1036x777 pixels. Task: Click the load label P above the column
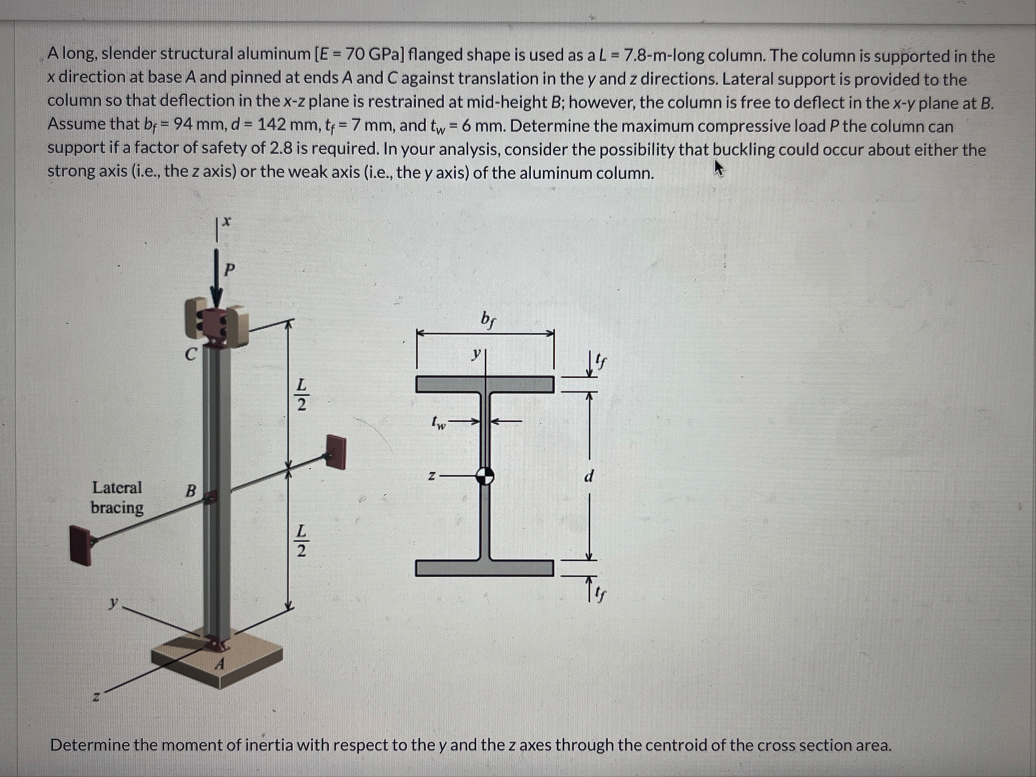click(230, 269)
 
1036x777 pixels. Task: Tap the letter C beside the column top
click(191, 355)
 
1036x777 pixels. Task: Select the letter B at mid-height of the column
click(191, 491)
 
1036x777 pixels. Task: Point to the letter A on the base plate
click(220, 664)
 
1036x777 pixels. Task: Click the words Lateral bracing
click(117, 498)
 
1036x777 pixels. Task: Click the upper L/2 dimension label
click(301, 394)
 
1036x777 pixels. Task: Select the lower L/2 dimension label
click(301, 541)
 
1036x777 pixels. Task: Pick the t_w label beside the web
click(438, 423)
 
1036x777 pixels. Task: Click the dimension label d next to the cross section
click(589, 476)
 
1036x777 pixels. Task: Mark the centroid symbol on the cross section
click(485, 477)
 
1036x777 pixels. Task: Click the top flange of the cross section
click(485, 384)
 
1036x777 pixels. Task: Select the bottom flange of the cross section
click(484, 568)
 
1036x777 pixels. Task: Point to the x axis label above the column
click(226, 222)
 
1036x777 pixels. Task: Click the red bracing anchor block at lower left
click(82, 545)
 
